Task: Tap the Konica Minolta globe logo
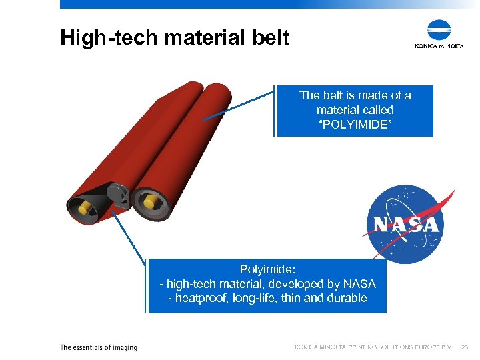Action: click(439, 30)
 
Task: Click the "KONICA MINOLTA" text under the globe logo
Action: click(439, 46)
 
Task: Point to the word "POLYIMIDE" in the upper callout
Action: click(355, 124)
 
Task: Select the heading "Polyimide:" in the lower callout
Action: click(267, 269)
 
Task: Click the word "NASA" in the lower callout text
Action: click(359, 284)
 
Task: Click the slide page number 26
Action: click(466, 347)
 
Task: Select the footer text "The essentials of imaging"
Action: click(98, 347)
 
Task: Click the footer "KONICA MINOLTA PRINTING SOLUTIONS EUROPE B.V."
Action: click(373, 347)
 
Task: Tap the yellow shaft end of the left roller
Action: click(85, 208)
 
